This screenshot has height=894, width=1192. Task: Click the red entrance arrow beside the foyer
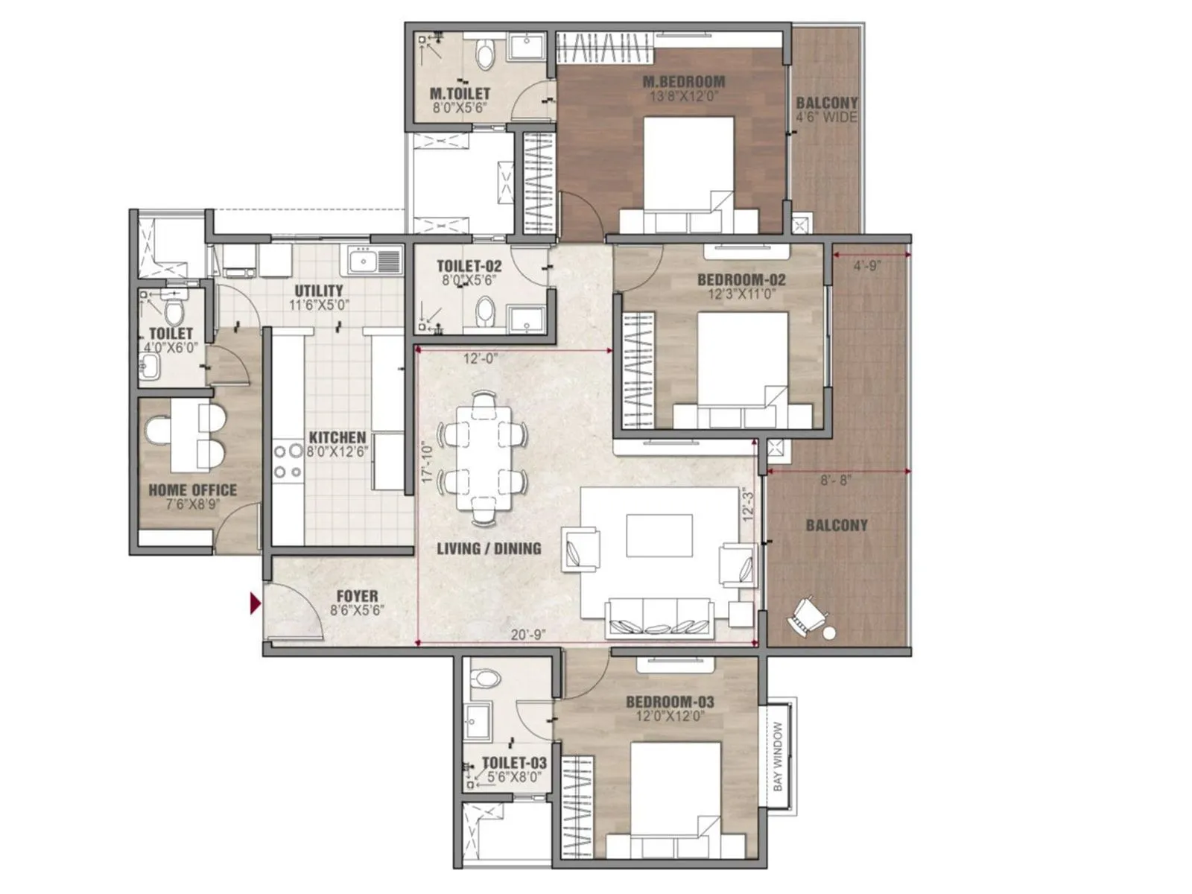pyautogui.click(x=256, y=603)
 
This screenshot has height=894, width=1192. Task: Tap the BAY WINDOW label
pyautogui.click(x=778, y=756)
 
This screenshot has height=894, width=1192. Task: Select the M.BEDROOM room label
pyautogui.click(x=682, y=82)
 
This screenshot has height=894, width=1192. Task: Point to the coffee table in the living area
pyautogui.click(x=659, y=535)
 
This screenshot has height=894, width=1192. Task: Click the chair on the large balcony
pyautogui.click(x=807, y=618)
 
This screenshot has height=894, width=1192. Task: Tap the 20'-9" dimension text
pyautogui.click(x=527, y=635)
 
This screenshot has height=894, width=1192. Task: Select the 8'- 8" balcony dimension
pyautogui.click(x=834, y=481)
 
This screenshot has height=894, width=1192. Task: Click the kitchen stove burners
pyautogui.click(x=288, y=461)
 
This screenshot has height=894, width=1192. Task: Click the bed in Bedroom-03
pyautogui.click(x=675, y=797)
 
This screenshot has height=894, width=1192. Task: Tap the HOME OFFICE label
pyautogui.click(x=192, y=490)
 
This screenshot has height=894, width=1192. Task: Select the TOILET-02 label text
pyautogui.click(x=469, y=266)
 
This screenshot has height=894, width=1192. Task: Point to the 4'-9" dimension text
pyautogui.click(x=867, y=265)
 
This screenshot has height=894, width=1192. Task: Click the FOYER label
pyautogui.click(x=357, y=596)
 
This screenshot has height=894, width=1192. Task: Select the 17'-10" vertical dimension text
pyautogui.click(x=427, y=463)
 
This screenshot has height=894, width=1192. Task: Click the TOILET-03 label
pyautogui.click(x=514, y=763)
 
